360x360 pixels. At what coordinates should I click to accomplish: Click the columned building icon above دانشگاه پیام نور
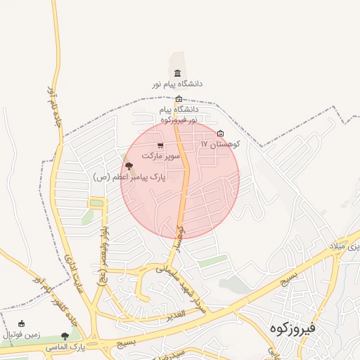[x=176, y=74]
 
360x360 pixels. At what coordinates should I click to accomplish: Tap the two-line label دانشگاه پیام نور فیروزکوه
[x=179, y=115]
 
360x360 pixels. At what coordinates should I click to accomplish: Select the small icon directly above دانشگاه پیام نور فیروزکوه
[x=179, y=99]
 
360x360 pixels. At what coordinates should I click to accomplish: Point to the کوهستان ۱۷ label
[x=221, y=143]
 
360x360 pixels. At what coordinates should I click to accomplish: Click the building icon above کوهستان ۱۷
[x=221, y=134]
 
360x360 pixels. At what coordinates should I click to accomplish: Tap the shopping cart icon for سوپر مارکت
[x=161, y=146]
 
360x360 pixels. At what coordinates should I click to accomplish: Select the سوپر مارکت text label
[x=162, y=155]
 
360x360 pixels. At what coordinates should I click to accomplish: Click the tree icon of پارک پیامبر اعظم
[x=128, y=166]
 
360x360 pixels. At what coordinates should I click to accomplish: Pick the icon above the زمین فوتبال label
[x=21, y=324]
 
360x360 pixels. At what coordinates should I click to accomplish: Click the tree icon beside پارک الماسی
[x=65, y=337]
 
